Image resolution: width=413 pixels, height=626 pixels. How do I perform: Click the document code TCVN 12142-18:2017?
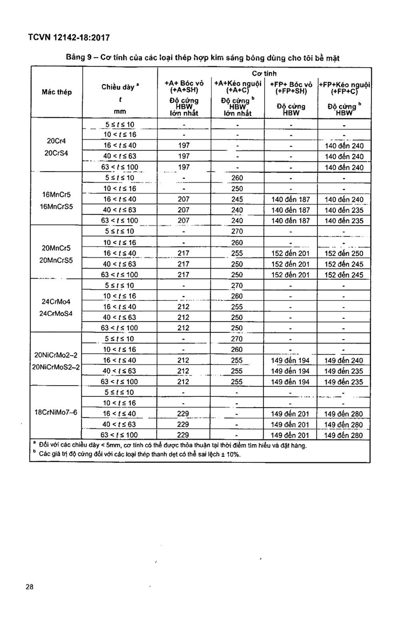(69, 37)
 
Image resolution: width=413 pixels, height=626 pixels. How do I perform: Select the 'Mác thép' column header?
(57, 92)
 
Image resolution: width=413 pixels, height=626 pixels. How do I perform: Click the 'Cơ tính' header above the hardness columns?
(264, 73)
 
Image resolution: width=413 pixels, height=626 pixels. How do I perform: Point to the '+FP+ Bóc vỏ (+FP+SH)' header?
(291, 88)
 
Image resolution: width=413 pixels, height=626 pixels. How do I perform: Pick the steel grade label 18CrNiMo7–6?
(56, 412)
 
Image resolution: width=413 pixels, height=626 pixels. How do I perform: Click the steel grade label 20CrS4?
(56, 153)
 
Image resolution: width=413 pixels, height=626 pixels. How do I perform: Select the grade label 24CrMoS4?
(56, 314)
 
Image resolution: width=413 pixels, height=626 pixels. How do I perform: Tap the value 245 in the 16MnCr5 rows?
(237, 199)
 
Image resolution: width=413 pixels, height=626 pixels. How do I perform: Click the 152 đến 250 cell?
(344, 253)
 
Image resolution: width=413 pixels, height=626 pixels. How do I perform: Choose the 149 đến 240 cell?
(343, 361)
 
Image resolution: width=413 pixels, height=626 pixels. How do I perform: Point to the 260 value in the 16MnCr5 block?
(237, 178)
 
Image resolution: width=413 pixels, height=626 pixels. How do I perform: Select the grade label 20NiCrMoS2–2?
(56, 367)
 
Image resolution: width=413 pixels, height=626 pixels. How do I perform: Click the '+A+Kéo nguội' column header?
(238, 84)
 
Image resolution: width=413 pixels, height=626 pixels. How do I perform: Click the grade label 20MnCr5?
(56, 248)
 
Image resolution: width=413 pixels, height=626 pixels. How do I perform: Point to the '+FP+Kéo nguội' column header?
(344, 85)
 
